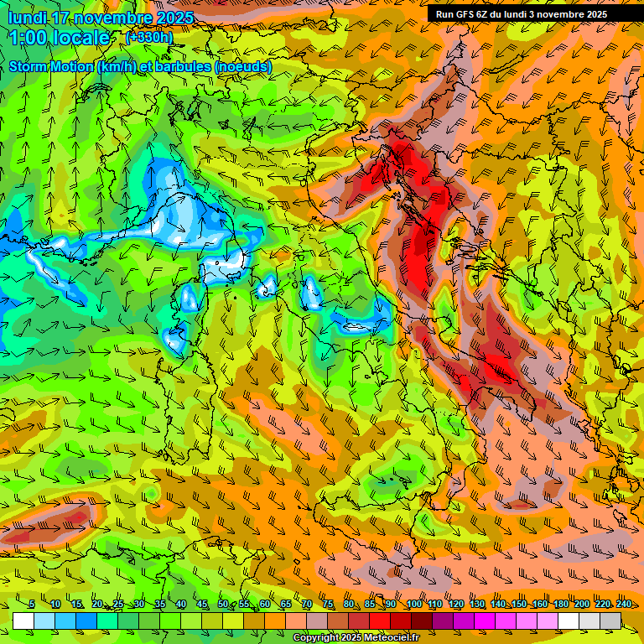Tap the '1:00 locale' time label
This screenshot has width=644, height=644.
60,38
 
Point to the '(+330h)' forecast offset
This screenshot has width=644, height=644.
149,37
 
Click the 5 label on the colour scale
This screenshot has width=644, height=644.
32,604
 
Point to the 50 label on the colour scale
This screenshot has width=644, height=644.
222,604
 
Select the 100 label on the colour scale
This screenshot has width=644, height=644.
414,604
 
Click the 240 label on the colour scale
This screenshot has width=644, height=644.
623,604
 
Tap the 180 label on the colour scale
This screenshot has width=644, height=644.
560,604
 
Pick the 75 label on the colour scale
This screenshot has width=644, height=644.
328,604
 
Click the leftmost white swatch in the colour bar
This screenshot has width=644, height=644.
23,621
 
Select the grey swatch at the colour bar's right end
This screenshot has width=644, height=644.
610,621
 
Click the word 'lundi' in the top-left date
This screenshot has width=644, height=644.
28,18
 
